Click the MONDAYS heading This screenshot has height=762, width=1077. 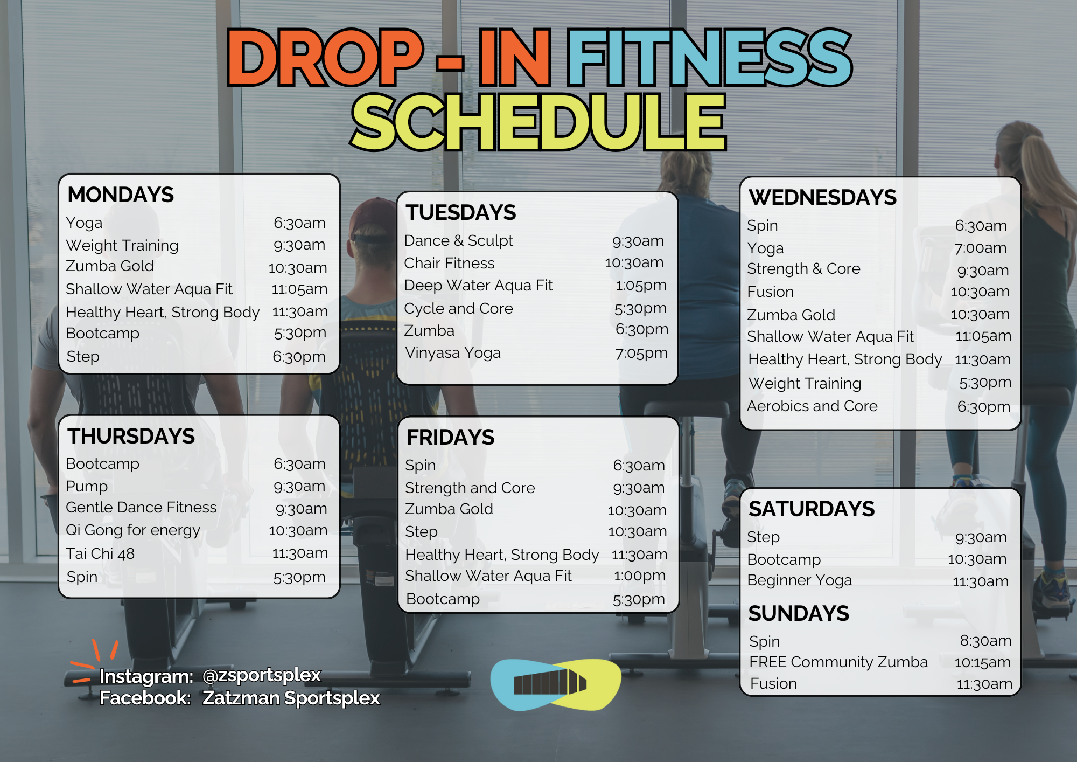pyautogui.click(x=121, y=195)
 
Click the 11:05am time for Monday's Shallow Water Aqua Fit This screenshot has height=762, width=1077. pyautogui.click(x=299, y=289)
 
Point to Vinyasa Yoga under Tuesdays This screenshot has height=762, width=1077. pyautogui.click(x=452, y=353)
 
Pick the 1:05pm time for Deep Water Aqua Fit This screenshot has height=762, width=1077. pyautogui.click(x=641, y=285)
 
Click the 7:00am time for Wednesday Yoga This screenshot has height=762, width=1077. pyautogui.click(x=981, y=248)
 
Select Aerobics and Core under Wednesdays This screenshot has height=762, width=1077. pyautogui.click(x=812, y=406)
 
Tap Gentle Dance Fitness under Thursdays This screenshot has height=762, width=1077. pyautogui.click(x=141, y=508)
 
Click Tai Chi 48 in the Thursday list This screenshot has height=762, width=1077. pyautogui.click(x=100, y=553)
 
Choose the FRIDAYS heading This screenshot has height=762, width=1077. pyautogui.click(x=450, y=437)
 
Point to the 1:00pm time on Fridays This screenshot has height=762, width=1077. pyautogui.click(x=640, y=576)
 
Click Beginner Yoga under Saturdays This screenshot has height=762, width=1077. pyautogui.click(x=800, y=580)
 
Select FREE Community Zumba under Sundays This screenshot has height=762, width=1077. pyautogui.click(x=838, y=662)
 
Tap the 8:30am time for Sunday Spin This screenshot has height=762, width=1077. pyautogui.click(x=985, y=641)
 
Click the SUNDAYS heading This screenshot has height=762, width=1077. pyautogui.click(x=799, y=613)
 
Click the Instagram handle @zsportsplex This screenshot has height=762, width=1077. pyautogui.click(x=262, y=676)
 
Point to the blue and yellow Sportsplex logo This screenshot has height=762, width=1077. pyautogui.click(x=556, y=684)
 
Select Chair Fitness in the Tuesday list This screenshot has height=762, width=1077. pyautogui.click(x=449, y=263)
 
